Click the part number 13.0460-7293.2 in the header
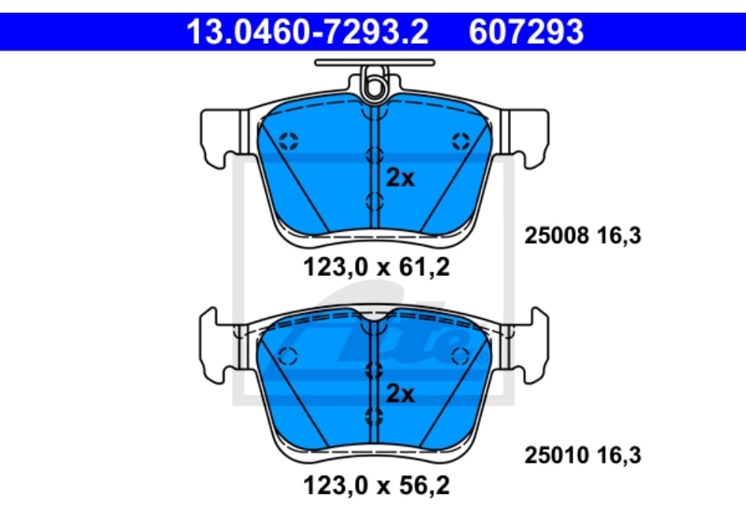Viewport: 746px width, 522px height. (307, 32)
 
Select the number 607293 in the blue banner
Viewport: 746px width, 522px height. (526, 32)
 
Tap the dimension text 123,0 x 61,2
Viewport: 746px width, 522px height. (376, 267)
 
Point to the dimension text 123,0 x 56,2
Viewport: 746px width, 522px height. (376, 485)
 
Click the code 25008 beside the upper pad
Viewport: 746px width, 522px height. (557, 236)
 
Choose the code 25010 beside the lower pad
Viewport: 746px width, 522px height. (557, 455)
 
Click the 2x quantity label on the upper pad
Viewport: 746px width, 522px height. (400, 177)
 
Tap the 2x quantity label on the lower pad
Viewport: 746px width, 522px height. (400, 394)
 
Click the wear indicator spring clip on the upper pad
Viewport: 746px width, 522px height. (374, 84)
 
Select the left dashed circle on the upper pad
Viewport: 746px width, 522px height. (288, 141)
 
